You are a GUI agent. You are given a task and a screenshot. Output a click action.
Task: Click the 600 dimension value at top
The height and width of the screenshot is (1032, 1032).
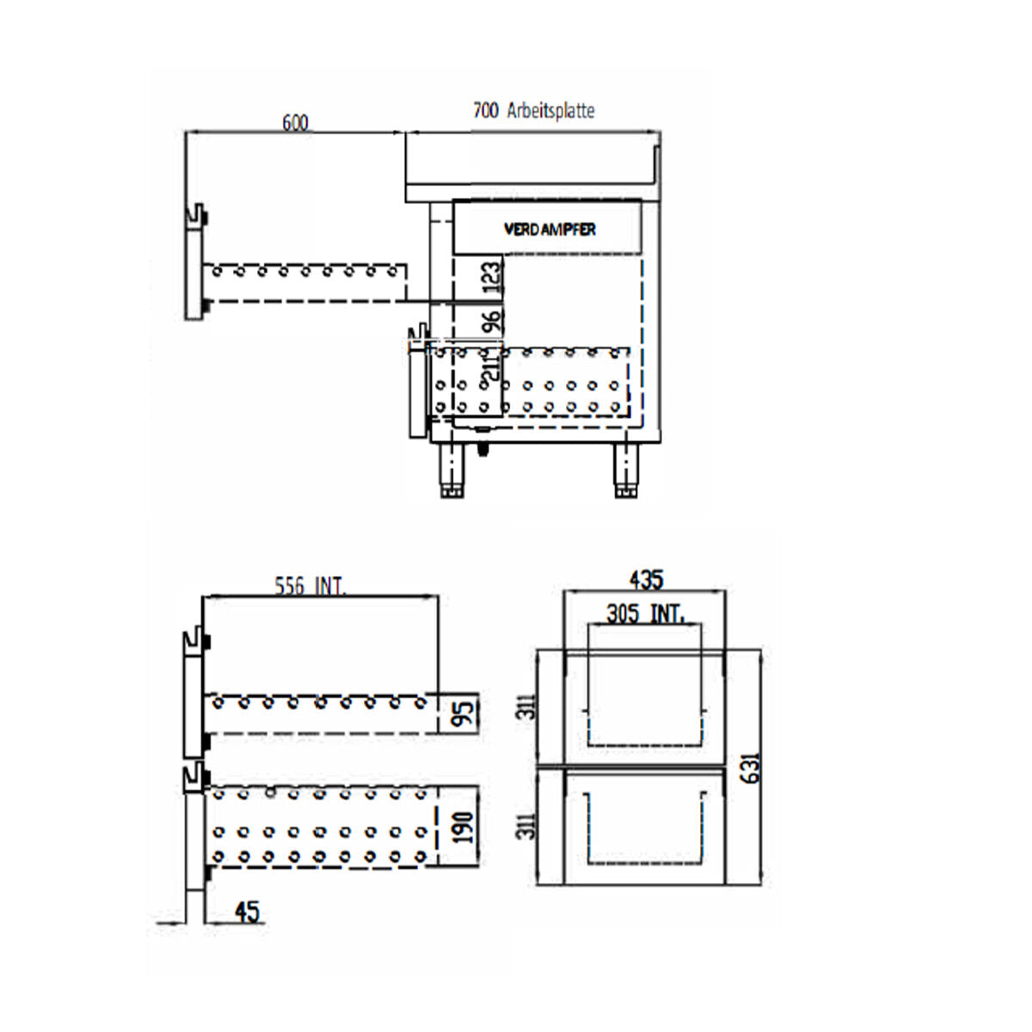pos(295,123)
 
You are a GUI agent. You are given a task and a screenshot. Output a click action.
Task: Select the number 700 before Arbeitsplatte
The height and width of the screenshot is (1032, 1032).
pos(485,111)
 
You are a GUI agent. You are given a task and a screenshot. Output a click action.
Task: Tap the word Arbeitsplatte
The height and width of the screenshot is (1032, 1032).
pos(550,111)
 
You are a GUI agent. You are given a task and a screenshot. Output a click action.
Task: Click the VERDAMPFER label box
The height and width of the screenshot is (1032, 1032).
pos(548,229)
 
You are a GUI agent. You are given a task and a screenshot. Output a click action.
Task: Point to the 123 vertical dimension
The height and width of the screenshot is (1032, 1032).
pos(489,279)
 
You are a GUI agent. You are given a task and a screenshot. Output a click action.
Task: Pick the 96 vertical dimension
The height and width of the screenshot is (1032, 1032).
pos(490,322)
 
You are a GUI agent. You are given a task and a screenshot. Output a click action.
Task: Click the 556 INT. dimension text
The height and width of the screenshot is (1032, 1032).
pos(310,587)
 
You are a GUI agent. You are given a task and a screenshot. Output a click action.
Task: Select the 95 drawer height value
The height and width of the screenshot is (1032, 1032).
pos(464,713)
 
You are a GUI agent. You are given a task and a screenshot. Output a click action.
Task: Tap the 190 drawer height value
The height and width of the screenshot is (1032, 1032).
pos(464,826)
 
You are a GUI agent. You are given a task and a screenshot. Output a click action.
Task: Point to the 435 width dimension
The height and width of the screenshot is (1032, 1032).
pos(645,580)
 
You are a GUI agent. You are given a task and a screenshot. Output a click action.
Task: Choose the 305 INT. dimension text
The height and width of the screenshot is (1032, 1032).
pos(645,614)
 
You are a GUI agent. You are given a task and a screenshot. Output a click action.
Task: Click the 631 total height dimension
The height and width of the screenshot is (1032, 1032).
pos(750,768)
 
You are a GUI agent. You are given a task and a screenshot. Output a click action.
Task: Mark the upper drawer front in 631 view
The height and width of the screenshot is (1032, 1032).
pos(645,707)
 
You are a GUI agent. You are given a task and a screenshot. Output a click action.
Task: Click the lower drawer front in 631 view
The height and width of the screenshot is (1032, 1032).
pos(645,826)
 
